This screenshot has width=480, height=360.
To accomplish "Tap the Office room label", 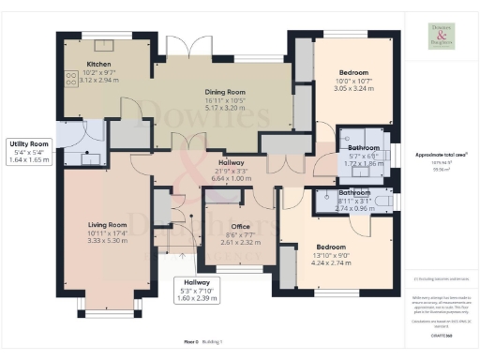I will click(x=225, y=224).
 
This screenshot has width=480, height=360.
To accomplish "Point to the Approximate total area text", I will click(x=441, y=154).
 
